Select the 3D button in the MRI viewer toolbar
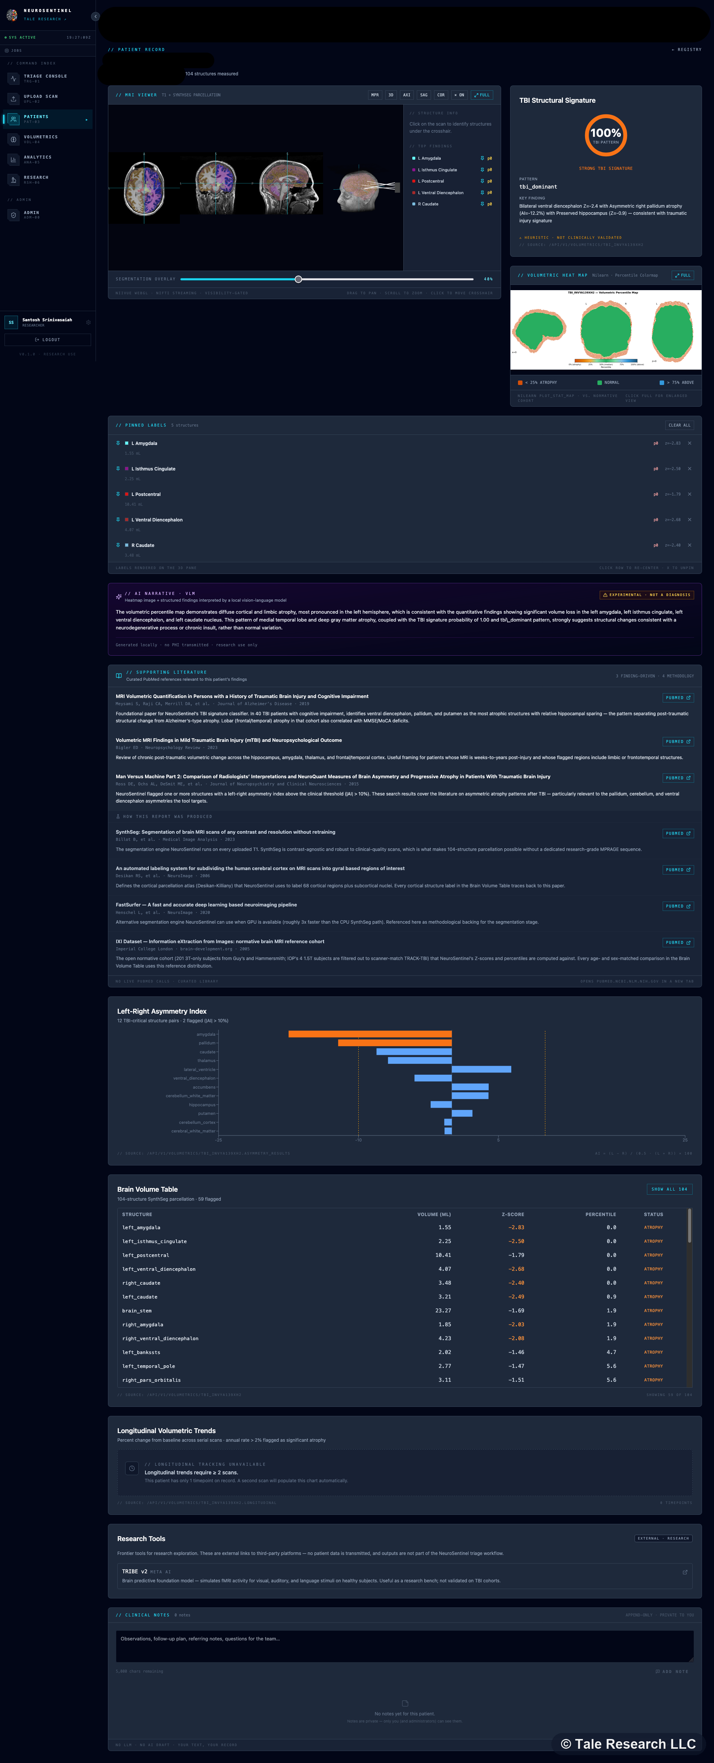pyautogui.click(x=391, y=95)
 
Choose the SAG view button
pyautogui.click(x=424, y=95)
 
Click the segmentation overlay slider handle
pyautogui.click(x=298, y=279)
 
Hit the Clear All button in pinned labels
pyautogui.click(x=679, y=425)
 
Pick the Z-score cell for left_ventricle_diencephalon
pyautogui.click(x=516, y=1269)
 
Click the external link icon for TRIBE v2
pyautogui.click(x=684, y=1572)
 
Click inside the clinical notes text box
pyautogui.click(x=404, y=1645)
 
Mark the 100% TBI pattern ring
pyautogui.click(x=605, y=135)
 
